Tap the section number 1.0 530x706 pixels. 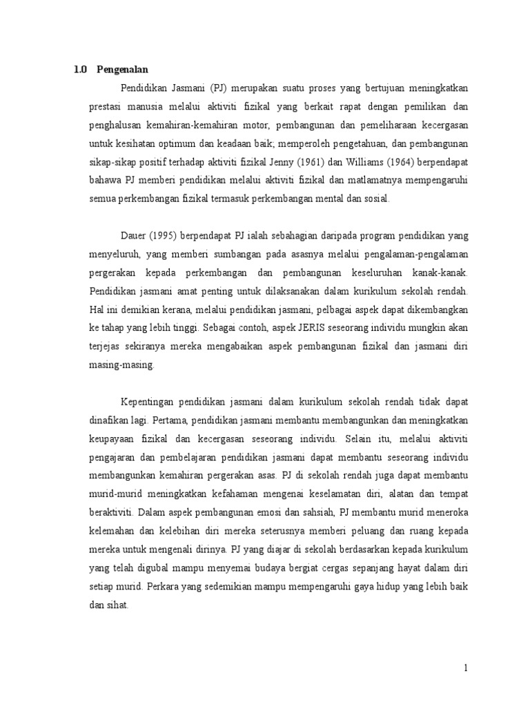click(80, 70)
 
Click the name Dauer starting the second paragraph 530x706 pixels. click(134, 236)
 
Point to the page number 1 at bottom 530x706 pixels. click(466, 667)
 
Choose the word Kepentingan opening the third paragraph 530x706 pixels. click(148, 402)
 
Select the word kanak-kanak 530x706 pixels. click(444, 273)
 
